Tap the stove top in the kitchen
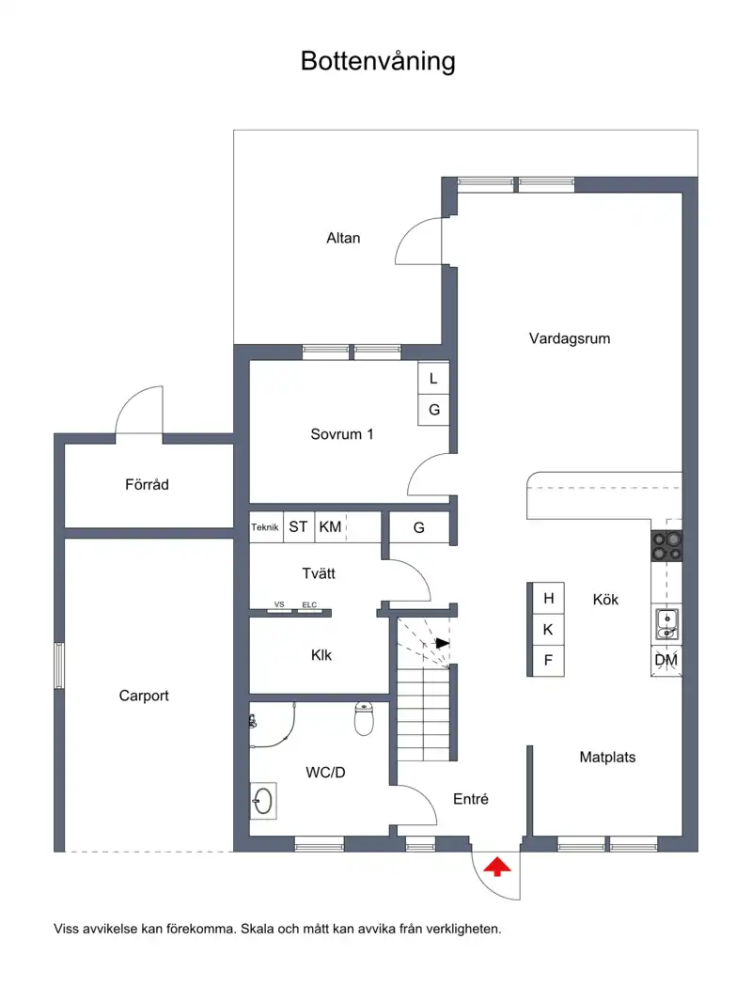(666, 546)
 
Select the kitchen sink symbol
(666, 624)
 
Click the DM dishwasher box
(666, 660)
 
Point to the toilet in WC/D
(364, 718)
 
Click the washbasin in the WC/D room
(263, 801)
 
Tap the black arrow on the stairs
(443, 643)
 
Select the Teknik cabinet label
(265, 527)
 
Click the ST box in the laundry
(299, 527)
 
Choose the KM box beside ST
(330, 527)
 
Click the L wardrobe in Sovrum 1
(434, 379)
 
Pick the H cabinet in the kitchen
(548, 598)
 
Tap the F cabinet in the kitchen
(548, 660)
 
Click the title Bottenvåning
(378, 62)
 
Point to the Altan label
(343, 238)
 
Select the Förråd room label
(148, 484)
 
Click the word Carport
(144, 696)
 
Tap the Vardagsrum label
(570, 338)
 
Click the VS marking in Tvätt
(279, 604)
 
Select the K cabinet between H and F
(548, 630)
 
